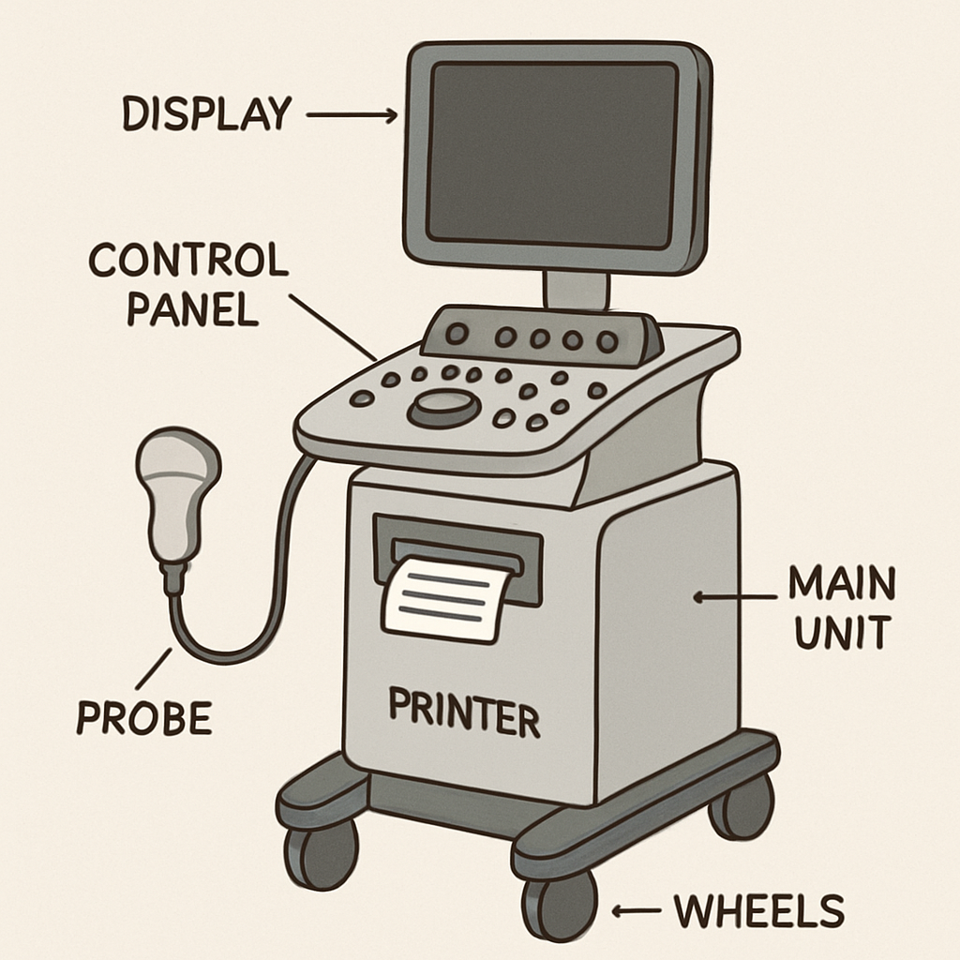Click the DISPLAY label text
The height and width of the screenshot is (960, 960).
[206, 113]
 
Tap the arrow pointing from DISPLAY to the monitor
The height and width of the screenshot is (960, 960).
[352, 115]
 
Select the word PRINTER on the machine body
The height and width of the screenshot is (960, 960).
[464, 712]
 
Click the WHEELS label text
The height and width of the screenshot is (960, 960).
[759, 910]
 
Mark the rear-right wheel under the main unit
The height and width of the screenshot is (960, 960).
[741, 807]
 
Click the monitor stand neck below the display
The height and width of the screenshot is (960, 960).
[576, 290]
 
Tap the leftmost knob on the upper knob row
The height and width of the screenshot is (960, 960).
[457, 334]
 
